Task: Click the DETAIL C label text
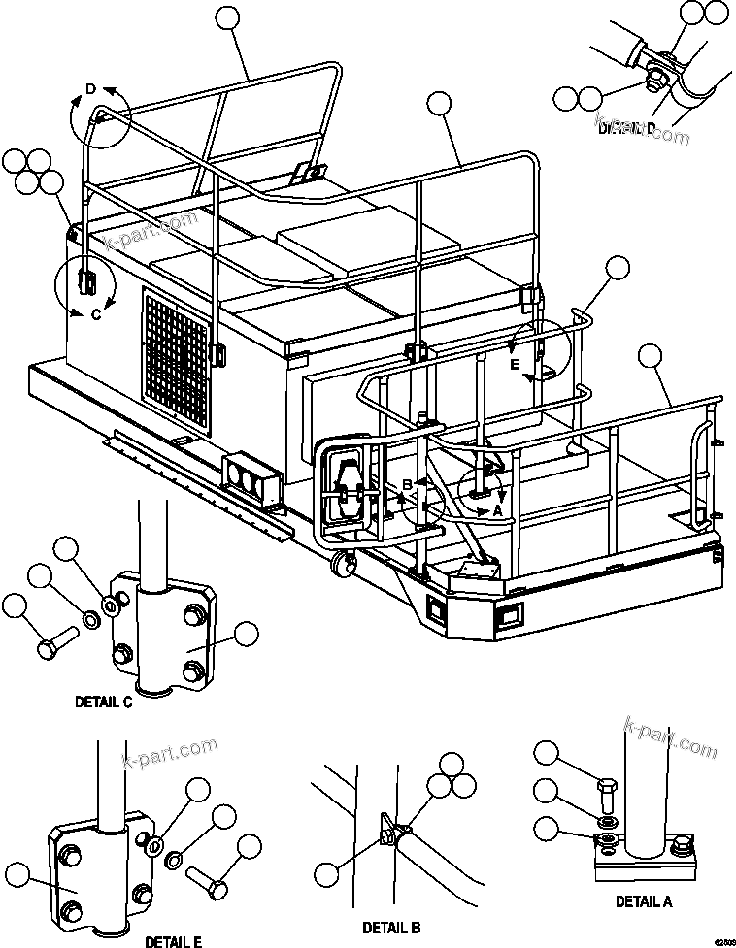[103, 703]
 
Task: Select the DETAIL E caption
[174, 940]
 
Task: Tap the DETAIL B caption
[391, 929]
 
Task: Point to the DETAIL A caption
[644, 901]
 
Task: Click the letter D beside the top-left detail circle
[90, 89]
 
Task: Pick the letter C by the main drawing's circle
[95, 314]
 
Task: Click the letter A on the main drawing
[498, 508]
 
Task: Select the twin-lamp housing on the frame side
[251, 477]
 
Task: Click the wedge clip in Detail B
[388, 832]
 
